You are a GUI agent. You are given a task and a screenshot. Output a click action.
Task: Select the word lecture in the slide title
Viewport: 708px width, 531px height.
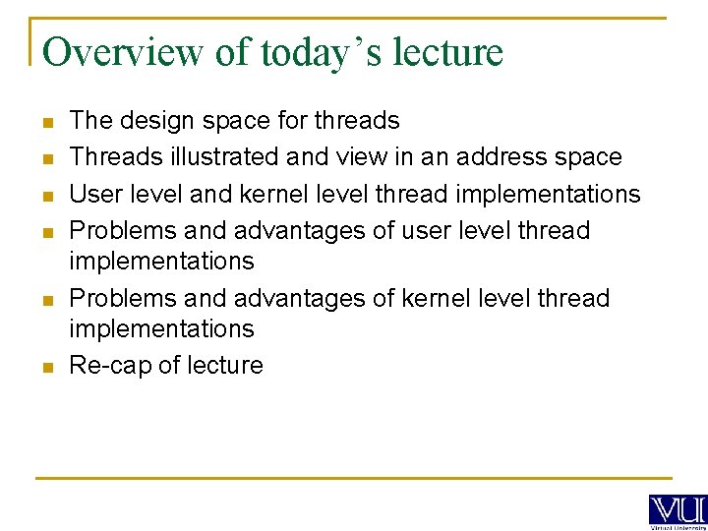point(447,51)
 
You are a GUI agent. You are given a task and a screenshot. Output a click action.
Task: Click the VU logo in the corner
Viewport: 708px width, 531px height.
point(678,509)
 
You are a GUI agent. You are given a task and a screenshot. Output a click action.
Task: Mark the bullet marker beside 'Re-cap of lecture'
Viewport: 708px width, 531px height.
point(46,367)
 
